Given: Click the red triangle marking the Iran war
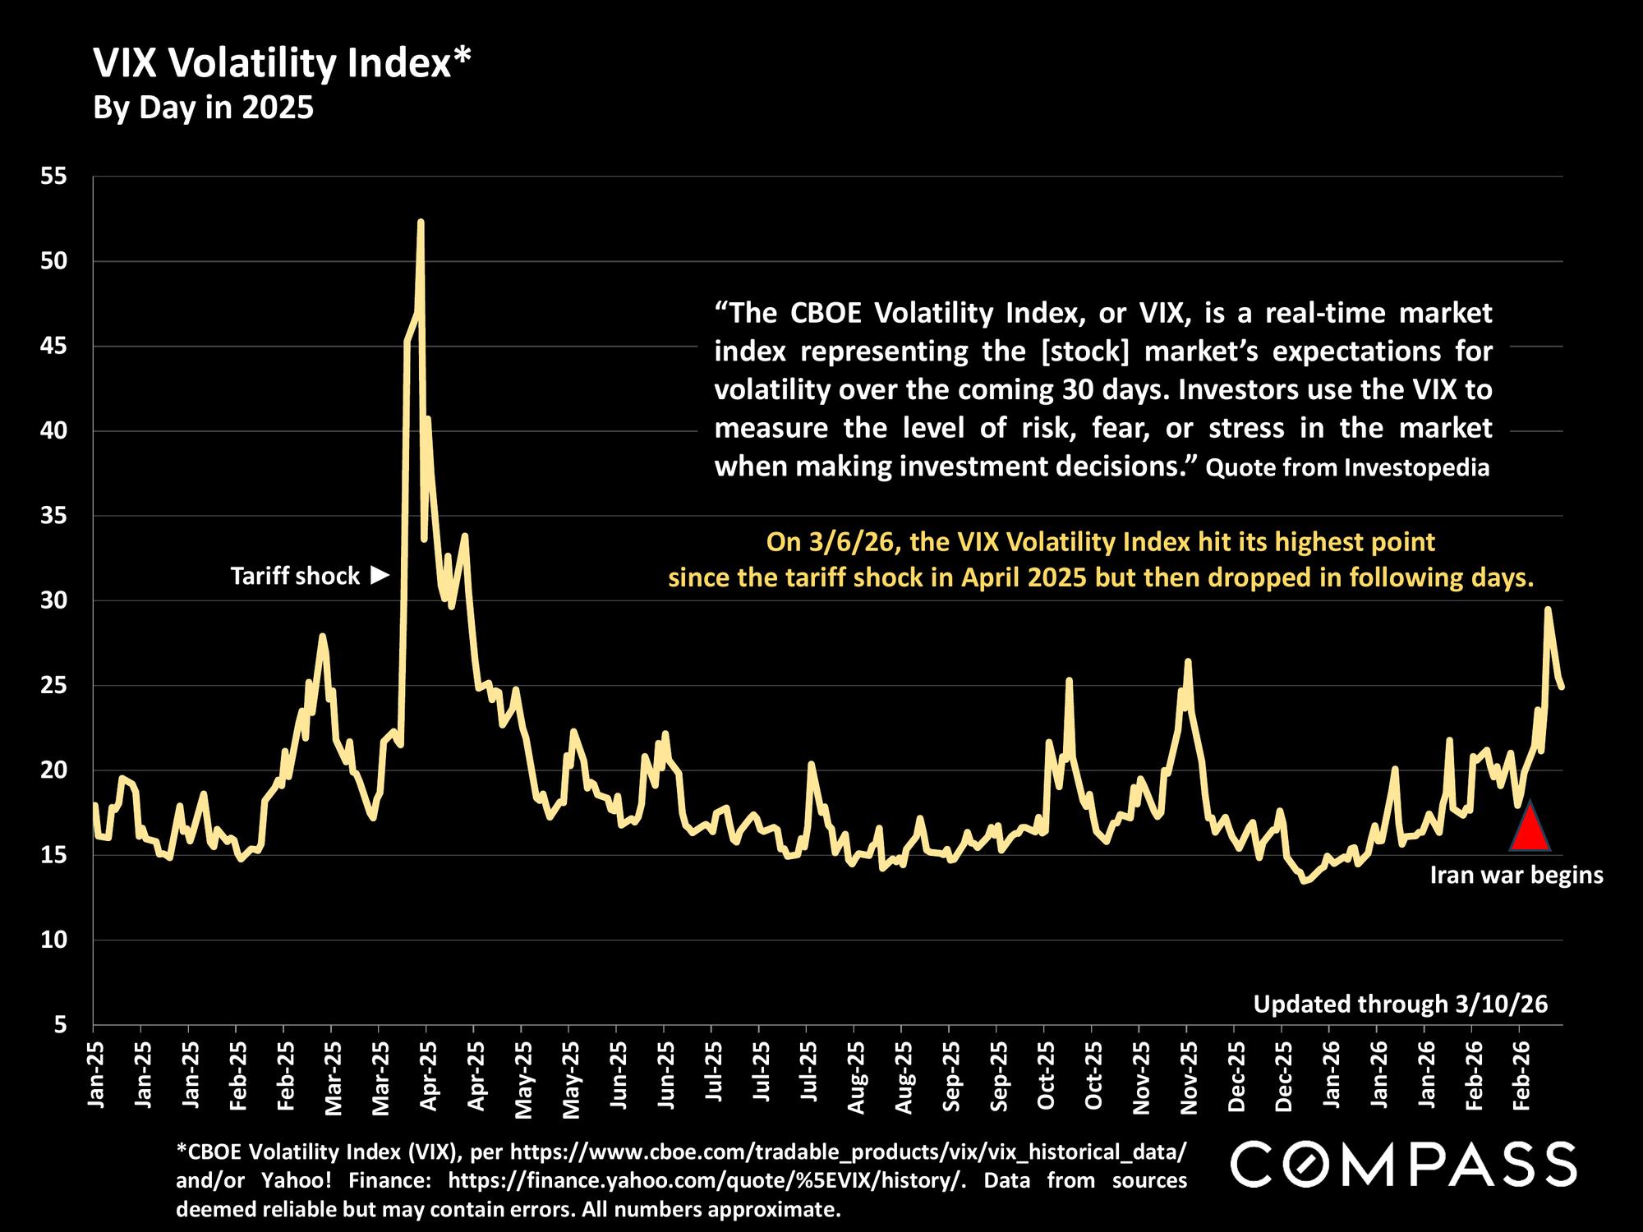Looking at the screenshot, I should tap(1530, 830).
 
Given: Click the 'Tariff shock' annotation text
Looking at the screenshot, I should tap(295, 577).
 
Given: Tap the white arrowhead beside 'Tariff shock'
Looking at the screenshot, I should tap(380, 575).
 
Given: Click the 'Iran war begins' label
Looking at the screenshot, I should tap(1516, 876).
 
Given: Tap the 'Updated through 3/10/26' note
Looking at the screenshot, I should tap(1400, 1004).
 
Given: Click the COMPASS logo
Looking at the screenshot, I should tap(1403, 1164).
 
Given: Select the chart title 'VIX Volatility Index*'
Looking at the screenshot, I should tap(283, 63).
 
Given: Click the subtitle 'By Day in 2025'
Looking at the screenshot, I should tap(204, 108).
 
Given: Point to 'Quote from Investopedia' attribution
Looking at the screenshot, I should tap(1347, 468).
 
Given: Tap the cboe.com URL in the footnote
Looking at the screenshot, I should tap(848, 1152).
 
